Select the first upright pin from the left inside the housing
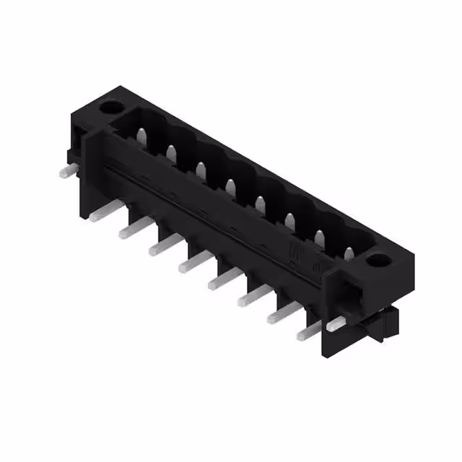click(x=142, y=135)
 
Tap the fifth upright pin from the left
click(x=261, y=204)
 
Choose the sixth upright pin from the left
click(x=290, y=220)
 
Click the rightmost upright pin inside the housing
click(x=349, y=253)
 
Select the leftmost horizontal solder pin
click(x=66, y=171)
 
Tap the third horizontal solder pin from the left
click(x=130, y=230)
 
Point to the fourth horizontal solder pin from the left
click(x=160, y=248)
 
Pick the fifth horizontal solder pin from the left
click(x=189, y=264)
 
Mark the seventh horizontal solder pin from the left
click(x=248, y=298)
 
